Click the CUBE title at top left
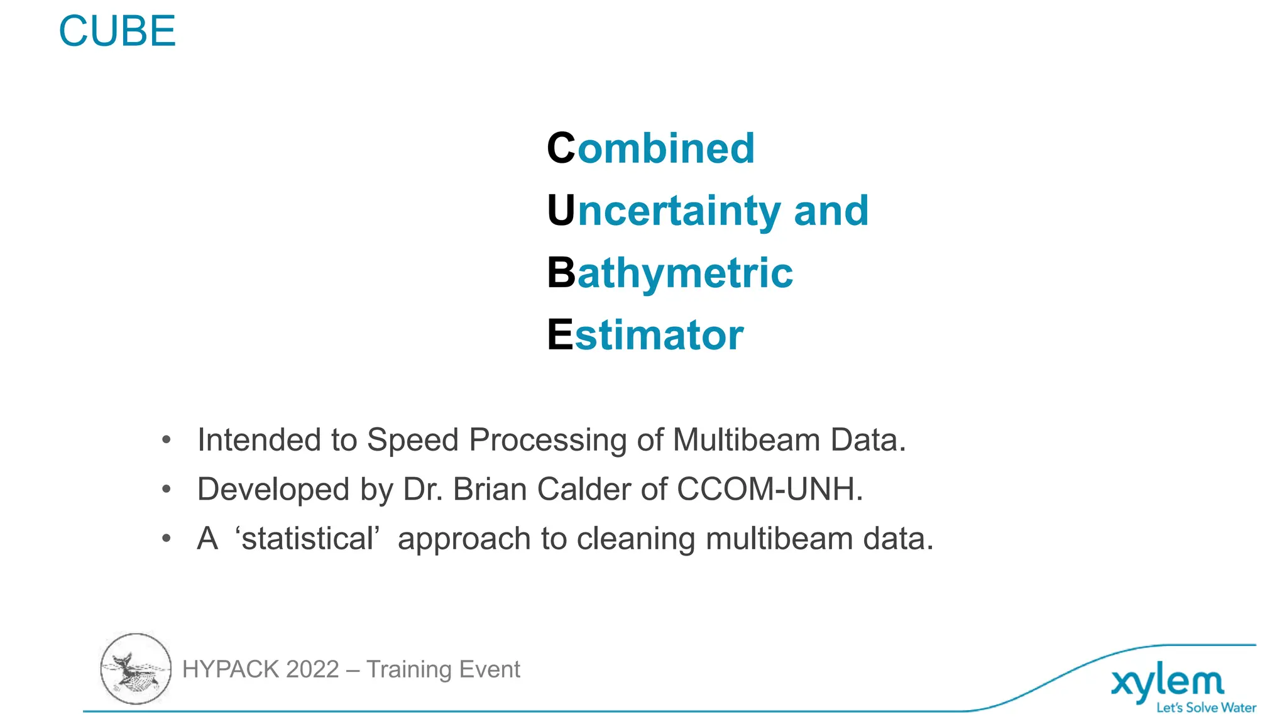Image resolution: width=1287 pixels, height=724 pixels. pyautogui.click(x=117, y=31)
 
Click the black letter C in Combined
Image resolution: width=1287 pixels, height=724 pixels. pyautogui.click(x=561, y=148)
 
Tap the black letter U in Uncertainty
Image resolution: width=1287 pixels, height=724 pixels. pyautogui.click(x=561, y=211)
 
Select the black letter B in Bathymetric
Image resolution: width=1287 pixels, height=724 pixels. pyautogui.click(x=561, y=273)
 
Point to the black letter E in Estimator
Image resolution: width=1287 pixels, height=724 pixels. pyautogui.click(x=559, y=334)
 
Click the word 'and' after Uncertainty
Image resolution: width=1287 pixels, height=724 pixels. pyautogui.click(x=831, y=211)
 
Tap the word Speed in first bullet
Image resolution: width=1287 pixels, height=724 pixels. pyautogui.click(x=412, y=440)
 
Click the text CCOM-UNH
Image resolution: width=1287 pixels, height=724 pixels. pyautogui.click(x=770, y=489)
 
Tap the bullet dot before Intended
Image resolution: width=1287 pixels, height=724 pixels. pyautogui.click(x=166, y=440)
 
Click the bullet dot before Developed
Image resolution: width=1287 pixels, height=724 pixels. pyautogui.click(x=166, y=489)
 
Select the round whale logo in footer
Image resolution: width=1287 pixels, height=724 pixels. pyautogui.click(x=136, y=669)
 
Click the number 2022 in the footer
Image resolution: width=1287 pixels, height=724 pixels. pyautogui.click(x=312, y=669)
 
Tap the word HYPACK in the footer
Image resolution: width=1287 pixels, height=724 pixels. pyautogui.click(x=230, y=669)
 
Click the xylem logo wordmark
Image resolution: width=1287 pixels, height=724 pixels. pyautogui.click(x=1167, y=683)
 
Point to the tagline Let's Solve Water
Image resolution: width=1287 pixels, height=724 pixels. pyautogui.click(x=1206, y=708)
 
